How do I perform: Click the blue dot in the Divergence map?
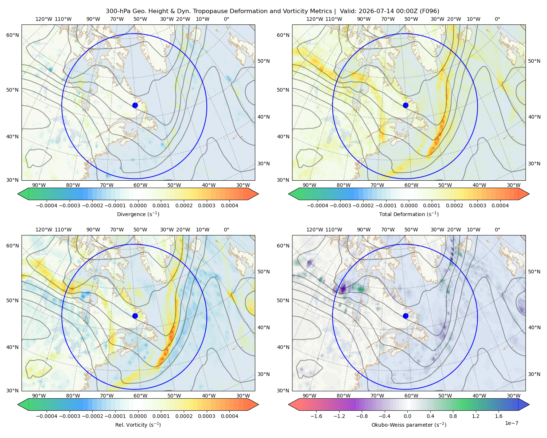point(135,105)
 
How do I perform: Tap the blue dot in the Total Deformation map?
point(406,105)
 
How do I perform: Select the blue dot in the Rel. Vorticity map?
point(135,316)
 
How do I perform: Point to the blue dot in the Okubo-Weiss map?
point(406,316)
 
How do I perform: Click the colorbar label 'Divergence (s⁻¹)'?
point(138,214)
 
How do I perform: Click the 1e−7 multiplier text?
point(511,423)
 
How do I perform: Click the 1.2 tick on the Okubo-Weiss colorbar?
point(476,416)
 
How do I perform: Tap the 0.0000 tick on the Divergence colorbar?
point(138,205)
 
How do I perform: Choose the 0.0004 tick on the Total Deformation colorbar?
point(500,205)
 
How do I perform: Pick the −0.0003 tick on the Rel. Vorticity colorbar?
point(69,416)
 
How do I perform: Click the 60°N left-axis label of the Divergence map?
point(12,35)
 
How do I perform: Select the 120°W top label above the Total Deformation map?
point(314,19)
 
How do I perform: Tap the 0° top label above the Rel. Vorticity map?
point(226,229)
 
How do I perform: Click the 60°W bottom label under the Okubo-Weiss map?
point(411,396)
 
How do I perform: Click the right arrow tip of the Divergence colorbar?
point(259,194)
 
